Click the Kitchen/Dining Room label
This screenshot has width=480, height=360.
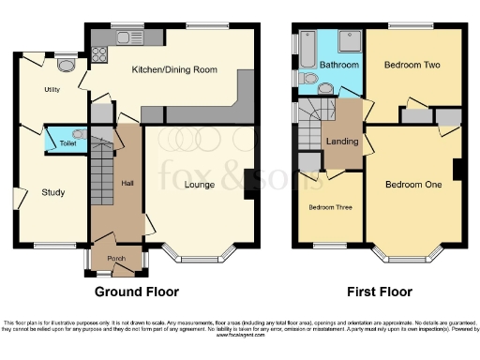169,69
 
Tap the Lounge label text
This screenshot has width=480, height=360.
199,185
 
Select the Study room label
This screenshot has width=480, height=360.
53,193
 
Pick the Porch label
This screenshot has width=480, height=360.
116,259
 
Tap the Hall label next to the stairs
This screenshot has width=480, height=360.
127,183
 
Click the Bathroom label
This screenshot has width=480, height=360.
338,66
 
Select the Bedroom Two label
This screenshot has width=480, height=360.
412,66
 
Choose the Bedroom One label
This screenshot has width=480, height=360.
413,185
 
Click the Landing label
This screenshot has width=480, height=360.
339,142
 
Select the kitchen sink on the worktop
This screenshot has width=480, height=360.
126,37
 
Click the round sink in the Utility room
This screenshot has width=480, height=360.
65,65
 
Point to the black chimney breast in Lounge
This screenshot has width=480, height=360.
250,183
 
